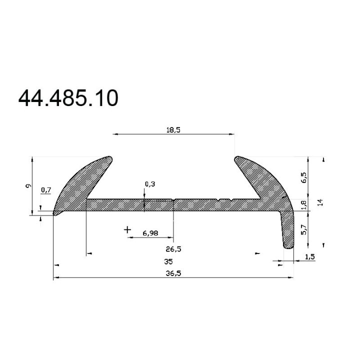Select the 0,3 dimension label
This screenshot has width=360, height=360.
[x=149, y=184]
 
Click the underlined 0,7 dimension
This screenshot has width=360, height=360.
[x=46, y=189]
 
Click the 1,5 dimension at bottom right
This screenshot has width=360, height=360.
[x=309, y=256]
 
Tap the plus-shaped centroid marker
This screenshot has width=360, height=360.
[x=127, y=229]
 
